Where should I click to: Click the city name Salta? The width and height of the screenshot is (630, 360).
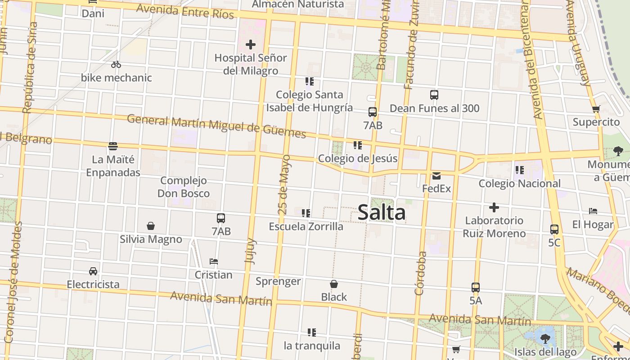pyautogui.click(x=382, y=212)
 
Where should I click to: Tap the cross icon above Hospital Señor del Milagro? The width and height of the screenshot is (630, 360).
pyautogui.click(x=251, y=45)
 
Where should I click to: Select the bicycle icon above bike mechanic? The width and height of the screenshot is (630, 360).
pyautogui.click(x=116, y=64)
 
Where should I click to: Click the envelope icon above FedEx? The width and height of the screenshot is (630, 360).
pyautogui.click(x=436, y=175)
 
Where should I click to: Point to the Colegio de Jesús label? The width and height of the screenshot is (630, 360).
pyautogui.click(x=358, y=158)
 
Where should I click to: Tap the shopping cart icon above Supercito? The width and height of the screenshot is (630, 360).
pyautogui.click(x=596, y=109)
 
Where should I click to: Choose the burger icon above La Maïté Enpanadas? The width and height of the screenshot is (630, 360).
pyautogui.click(x=113, y=146)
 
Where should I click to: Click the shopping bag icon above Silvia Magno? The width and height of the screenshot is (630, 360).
pyautogui.click(x=151, y=226)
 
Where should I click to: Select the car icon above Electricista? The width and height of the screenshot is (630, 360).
pyautogui.click(x=93, y=271)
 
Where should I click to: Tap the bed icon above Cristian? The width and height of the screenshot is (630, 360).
pyautogui.click(x=214, y=261)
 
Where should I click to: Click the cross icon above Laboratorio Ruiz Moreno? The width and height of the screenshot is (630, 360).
pyautogui.click(x=494, y=207)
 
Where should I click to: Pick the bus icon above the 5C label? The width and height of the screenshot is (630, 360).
pyautogui.click(x=554, y=229)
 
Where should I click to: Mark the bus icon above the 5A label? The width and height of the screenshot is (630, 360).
pyautogui.click(x=476, y=288)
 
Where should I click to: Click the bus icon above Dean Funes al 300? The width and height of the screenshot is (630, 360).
pyautogui.click(x=434, y=95)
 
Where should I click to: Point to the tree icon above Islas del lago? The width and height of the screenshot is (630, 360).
pyautogui.click(x=545, y=339)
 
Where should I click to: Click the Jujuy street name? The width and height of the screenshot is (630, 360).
pyautogui.click(x=250, y=251)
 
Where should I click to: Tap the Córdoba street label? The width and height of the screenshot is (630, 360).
pyautogui.click(x=421, y=273)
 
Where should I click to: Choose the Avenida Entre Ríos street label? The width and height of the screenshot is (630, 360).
pyautogui.click(x=185, y=11)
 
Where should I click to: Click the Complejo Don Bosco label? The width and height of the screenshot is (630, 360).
pyautogui.click(x=184, y=187)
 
